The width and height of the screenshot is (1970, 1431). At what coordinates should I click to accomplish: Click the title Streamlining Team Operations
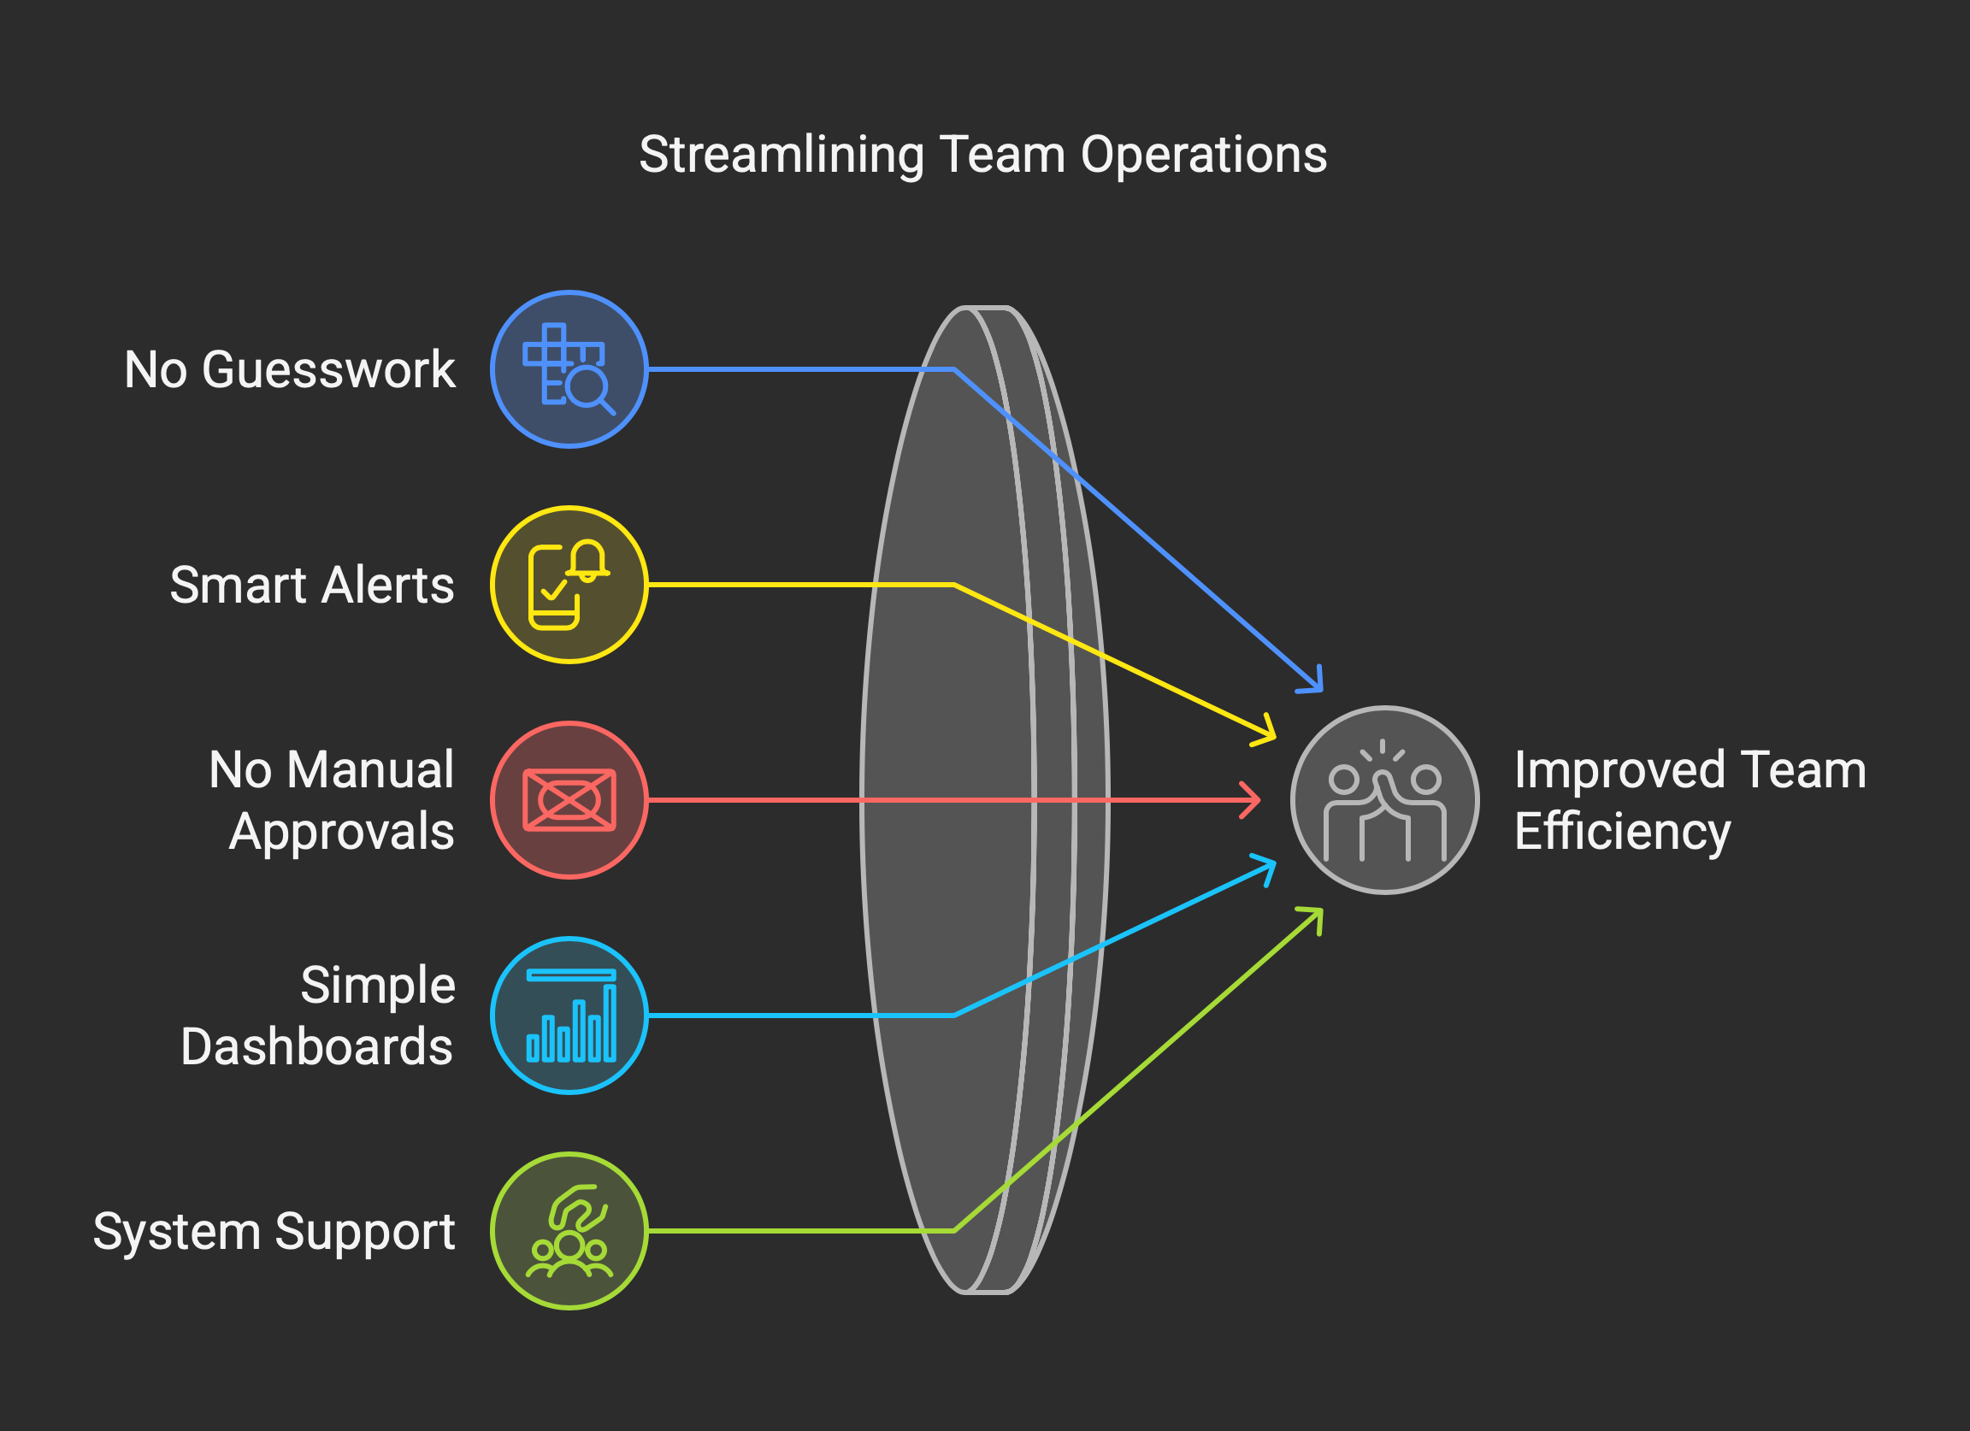click(x=982, y=156)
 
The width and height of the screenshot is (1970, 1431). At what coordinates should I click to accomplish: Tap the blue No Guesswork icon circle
click(x=569, y=369)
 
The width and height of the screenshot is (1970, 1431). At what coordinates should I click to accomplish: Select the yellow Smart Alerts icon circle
click(x=569, y=585)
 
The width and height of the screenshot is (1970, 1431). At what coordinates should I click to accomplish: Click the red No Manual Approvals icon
click(x=569, y=800)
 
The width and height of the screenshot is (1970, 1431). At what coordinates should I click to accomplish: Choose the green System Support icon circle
click(x=569, y=1230)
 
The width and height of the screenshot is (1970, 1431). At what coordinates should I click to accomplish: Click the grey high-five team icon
click(x=1384, y=800)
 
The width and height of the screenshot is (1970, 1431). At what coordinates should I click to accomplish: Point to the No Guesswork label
click(x=289, y=370)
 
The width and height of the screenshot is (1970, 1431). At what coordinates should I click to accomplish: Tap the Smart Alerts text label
click(x=312, y=586)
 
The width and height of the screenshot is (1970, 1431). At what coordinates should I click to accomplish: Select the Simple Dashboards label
click(x=318, y=1015)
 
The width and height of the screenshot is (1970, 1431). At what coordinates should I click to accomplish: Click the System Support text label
click(x=274, y=1231)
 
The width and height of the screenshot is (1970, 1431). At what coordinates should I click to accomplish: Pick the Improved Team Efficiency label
click(x=1690, y=800)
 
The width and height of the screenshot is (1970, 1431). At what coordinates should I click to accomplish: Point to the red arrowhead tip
click(x=1258, y=800)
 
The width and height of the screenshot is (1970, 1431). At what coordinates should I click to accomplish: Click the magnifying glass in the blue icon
click(x=588, y=387)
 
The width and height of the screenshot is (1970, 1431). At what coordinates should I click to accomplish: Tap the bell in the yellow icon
click(x=588, y=560)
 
